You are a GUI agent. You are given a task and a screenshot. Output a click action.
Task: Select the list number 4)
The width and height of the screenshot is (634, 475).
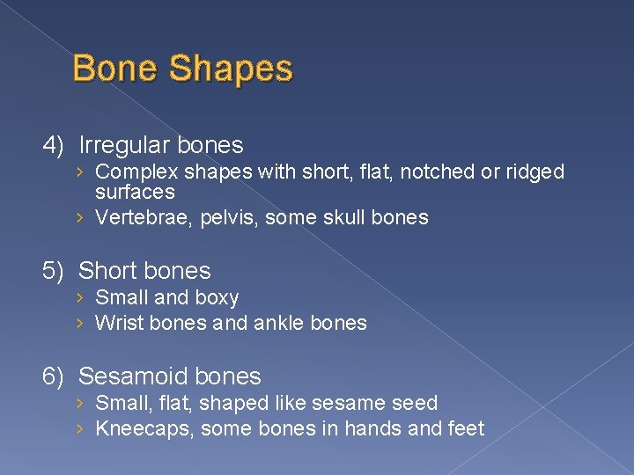[x=55, y=145]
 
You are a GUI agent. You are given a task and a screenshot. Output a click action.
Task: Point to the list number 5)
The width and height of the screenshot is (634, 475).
[x=55, y=271]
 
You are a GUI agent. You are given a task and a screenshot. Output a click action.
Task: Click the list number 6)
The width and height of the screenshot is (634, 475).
[x=55, y=376]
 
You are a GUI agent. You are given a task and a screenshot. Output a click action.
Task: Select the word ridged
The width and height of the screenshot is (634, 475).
[x=533, y=172]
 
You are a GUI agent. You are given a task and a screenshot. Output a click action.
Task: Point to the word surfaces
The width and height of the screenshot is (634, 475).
[x=135, y=192]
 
